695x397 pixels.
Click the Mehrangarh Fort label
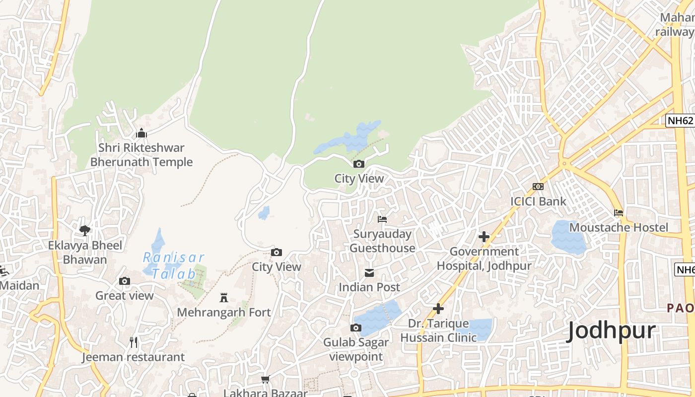[x=224, y=312]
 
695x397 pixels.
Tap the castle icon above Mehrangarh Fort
[x=224, y=298]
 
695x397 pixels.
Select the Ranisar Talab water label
[x=174, y=265]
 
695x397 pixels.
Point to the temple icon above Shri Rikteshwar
[x=141, y=133]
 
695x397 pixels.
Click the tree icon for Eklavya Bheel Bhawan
[x=85, y=230]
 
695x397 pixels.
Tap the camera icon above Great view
[x=125, y=281]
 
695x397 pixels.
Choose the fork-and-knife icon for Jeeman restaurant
[x=133, y=342]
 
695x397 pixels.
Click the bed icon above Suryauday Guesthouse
[x=382, y=219]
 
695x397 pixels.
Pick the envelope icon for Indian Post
[x=369, y=272]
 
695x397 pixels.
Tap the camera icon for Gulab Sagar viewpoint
[x=356, y=328]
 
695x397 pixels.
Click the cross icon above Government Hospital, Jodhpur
[x=484, y=237]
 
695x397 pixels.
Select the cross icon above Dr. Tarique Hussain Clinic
[x=438, y=309]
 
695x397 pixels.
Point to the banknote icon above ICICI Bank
[x=538, y=187]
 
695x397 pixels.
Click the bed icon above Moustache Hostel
[x=619, y=213]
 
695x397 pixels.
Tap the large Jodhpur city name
[x=611, y=331]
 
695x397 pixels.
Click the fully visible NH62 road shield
[x=680, y=121]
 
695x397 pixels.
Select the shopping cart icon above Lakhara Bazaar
[x=266, y=380]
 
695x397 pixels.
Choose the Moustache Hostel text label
[x=619, y=227]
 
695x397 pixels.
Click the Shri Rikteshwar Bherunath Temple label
[x=141, y=155]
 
